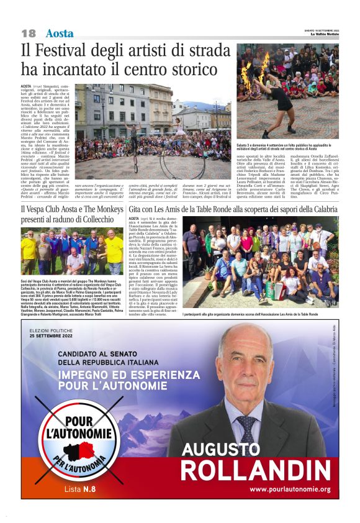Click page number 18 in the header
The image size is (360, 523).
(28, 33)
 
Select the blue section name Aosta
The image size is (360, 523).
(60, 33)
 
